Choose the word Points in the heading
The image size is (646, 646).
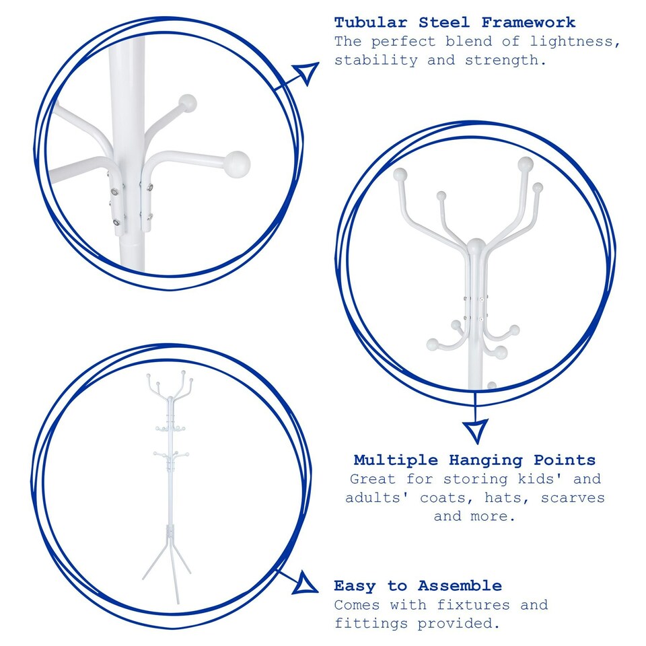[x=565, y=460]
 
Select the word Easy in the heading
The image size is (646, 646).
[x=354, y=585]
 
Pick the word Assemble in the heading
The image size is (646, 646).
[x=460, y=585]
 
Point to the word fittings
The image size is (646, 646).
[x=371, y=623]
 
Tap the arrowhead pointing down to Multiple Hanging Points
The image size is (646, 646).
[x=476, y=429]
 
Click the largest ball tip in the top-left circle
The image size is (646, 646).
[x=237, y=162]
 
